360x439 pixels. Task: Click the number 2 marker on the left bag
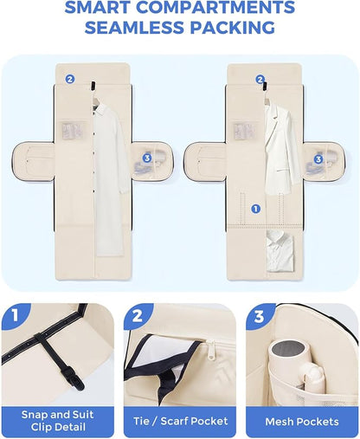[x=70, y=79]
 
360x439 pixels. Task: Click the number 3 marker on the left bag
[x=147, y=158]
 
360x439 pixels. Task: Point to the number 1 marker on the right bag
[x=255, y=209]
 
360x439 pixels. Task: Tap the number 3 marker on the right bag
[x=318, y=159]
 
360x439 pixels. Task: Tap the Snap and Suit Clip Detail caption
[x=58, y=421]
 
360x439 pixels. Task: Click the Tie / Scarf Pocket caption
[x=180, y=421]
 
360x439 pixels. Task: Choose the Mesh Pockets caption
[x=302, y=422]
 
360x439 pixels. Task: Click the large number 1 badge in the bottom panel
[x=15, y=316]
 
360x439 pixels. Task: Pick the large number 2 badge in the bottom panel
[x=138, y=316]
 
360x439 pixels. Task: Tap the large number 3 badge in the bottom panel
[x=259, y=316]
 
